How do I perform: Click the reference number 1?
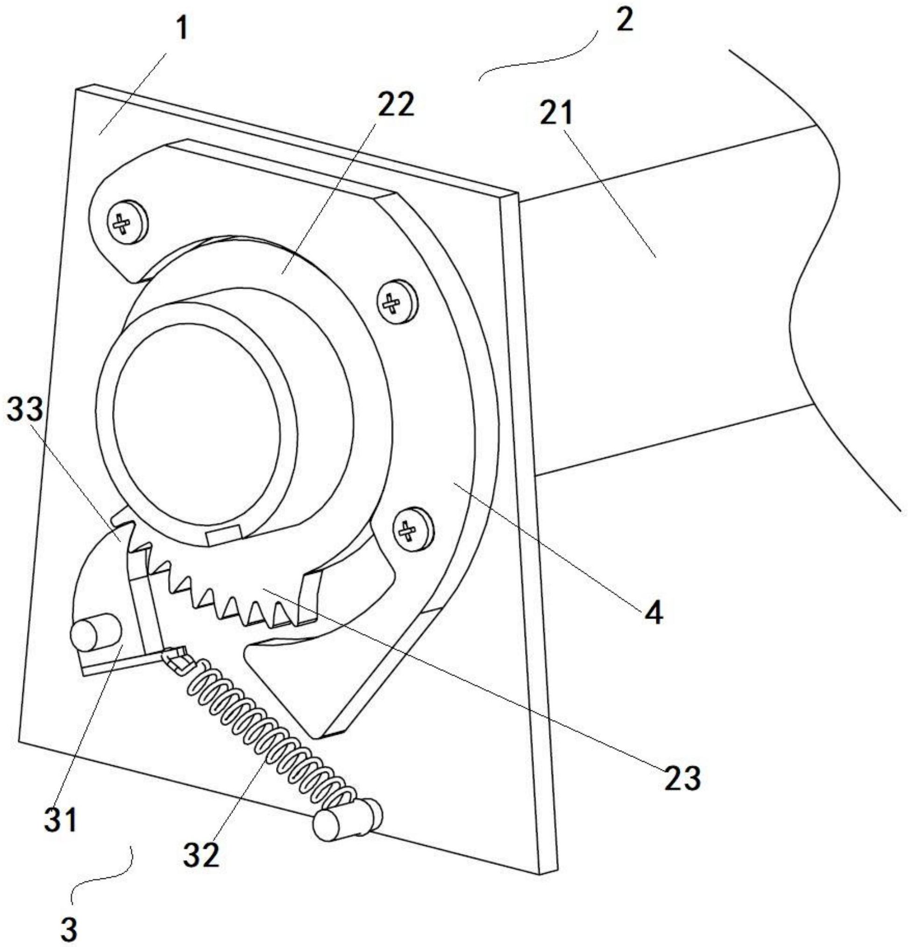point(180,30)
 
